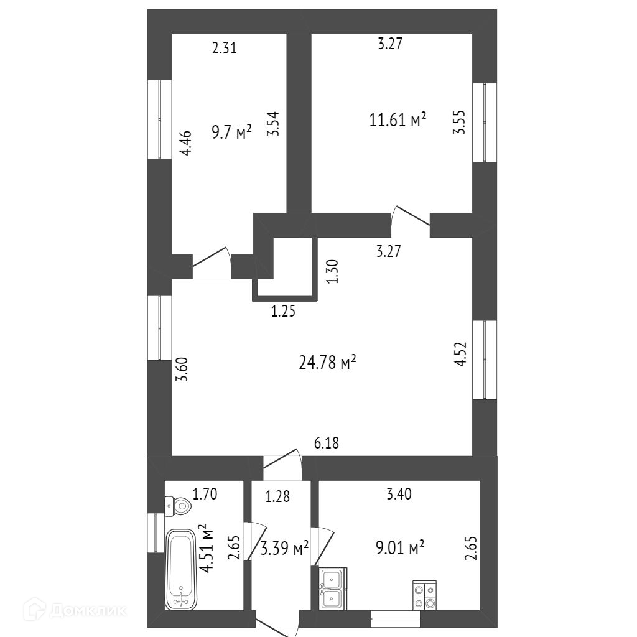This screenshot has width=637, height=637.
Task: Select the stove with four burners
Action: tap(424, 595)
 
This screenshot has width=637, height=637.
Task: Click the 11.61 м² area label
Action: tap(398, 119)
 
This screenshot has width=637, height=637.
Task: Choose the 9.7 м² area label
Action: tap(231, 132)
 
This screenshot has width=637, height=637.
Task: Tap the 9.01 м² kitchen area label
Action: tap(400, 548)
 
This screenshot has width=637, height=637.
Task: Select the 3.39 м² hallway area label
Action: tap(284, 549)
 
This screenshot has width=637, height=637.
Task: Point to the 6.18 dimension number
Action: tap(327, 443)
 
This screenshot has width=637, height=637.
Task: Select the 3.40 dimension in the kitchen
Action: tap(399, 495)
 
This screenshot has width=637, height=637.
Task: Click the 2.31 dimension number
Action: tap(224, 48)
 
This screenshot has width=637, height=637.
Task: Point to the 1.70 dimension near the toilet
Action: tap(205, 495)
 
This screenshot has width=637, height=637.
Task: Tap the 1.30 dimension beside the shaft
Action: tap(333, 271)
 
